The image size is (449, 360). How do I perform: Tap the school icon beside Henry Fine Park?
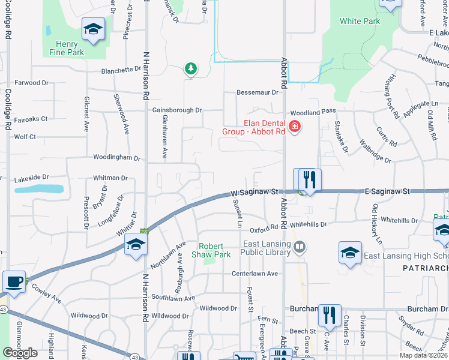93,30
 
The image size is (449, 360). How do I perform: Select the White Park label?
360,21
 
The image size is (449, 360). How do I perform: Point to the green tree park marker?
191,69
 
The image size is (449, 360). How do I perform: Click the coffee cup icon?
14,281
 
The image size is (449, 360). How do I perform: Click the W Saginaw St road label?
256,193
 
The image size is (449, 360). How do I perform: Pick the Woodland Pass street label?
312,112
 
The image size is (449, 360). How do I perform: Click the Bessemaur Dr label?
258,92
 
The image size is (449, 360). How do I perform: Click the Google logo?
20,353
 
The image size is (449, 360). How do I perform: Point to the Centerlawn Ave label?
255,274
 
